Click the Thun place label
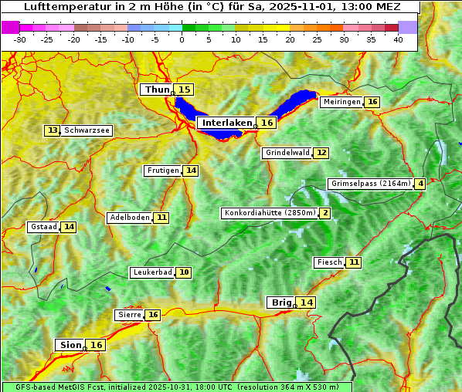[157, 90]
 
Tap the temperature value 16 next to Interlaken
[267, 123]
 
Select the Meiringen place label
[341, 102]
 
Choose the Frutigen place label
[163, 171]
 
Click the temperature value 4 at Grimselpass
[420, 184]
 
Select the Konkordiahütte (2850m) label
[269, 213]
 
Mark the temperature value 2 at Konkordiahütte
[325, 213]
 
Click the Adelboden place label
[130, 218]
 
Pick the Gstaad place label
[44, 227]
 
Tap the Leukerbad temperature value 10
[184, 272]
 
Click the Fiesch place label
[329, 262]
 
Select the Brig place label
[280, 302]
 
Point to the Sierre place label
[129, 315]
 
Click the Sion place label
[70, 345]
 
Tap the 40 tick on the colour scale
[398, 39]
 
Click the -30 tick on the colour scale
[19, 39]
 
